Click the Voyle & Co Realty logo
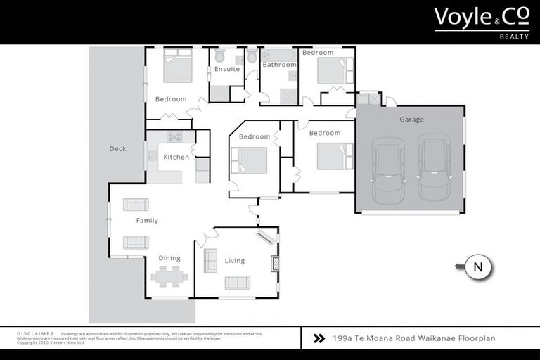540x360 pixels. [x=482, y=20]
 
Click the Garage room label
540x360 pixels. [x=411, y=120]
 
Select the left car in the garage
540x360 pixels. [x=387, y=169]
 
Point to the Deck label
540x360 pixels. [x=117, y=149]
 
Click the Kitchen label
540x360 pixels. [x=176, y=157]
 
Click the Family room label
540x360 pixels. [x=147, y=221]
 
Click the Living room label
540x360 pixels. [x=235, y=261]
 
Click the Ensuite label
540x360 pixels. [x=227, y=69]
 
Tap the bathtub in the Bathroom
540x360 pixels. [x=279, y=54]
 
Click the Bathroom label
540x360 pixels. [x=279, y=65]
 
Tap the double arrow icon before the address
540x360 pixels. [x=319, y=338]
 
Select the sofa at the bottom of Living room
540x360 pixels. [x=237, y=283]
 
